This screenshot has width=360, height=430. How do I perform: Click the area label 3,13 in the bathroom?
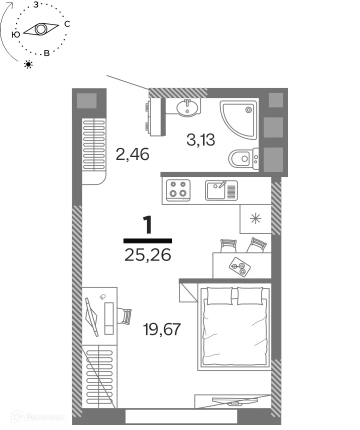pyautogui.click(x=200, y=140)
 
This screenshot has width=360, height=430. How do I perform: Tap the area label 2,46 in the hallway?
pyautogui.click(x=132, y=154)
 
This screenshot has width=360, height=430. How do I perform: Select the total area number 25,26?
pyautogui.click(x=147, y=255)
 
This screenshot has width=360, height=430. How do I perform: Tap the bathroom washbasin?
pyautogui.click(x=187, y=107)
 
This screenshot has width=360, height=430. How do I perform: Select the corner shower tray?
pyautogui.click(x=239, y=120)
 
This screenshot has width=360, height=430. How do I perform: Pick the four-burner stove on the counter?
pyautogui.click(x=178, y=189)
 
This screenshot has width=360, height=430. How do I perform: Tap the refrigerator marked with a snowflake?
pyautogui.click(x=255, y=218)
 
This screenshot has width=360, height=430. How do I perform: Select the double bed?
pyautogui.click(x=234, y=327)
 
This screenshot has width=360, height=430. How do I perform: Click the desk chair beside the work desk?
pyautogui.click(x=125, y=316)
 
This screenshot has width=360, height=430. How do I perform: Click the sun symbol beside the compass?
pyautogui.click(x=28, y=64)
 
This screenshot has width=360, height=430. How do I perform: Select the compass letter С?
pyautogui.click(x=67, y=24)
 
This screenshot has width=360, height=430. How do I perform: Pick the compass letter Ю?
pyautogui.click(x=15, y=34)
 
